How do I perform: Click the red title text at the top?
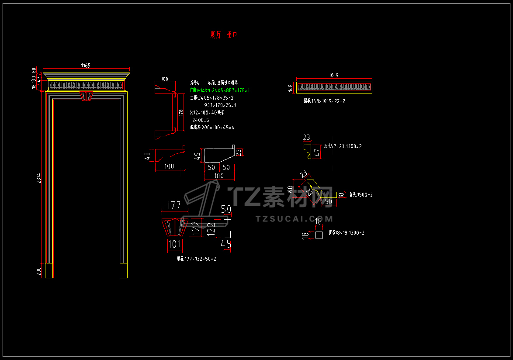point(224,35)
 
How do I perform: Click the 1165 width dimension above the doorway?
point(86,66)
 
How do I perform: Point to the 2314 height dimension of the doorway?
point(38,179)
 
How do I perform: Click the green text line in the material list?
point(220,90)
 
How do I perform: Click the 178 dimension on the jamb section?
point(180,112)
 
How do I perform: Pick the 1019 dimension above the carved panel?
point(334,76)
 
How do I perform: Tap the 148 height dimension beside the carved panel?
point(290,88)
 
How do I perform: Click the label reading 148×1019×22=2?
point(325,101)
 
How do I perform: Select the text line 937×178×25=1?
point(220,105)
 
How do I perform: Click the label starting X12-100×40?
point(208,113)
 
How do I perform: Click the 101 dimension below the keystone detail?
point(174,244)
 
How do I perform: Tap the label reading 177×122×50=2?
point(196,259)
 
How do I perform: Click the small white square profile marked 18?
point(319,235)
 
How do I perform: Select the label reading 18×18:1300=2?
point(347,233)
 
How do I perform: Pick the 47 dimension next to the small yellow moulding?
point(317,153)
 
